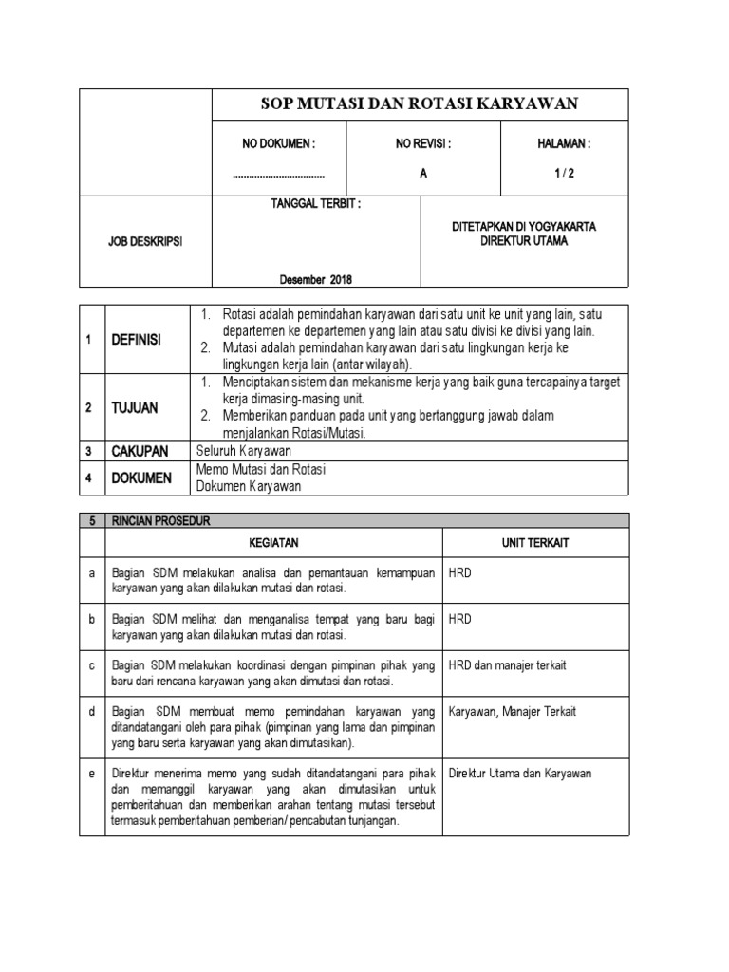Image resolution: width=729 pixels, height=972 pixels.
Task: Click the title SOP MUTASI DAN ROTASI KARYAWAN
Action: pyautogui.click(x=419, y=104)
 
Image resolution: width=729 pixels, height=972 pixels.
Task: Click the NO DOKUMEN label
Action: pyautogui.click(x=278, y=144)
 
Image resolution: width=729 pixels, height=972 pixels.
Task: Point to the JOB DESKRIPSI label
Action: pyautogui.click(x=144, y=242)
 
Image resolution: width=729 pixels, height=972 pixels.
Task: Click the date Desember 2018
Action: pyautogui.click(x=315, y=278)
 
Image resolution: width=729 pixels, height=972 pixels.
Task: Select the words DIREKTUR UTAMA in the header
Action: pyautogui.click(x=523, y=241)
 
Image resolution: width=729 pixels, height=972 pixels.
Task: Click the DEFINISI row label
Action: pyautogui.click(x=138, y=340)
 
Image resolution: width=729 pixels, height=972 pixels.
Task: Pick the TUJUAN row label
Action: pyautogui.click(x=135, y=407)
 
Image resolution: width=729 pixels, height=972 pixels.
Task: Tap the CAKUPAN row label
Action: pyautogui.click(x=140, y=451)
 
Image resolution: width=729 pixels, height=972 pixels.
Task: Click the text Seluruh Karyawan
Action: pyautogui.click(x=244, y=451)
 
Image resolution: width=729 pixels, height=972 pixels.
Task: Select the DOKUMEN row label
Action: pyautogui.click(x=141, y=478)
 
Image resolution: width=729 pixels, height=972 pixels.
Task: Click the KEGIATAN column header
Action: pyautogui.click(x=273, y=542)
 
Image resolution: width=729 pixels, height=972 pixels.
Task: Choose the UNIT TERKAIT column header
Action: pyautogui.click(x=535, y=542)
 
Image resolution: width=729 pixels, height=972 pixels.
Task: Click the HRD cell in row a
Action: pyautogui.click(x=460, y=572)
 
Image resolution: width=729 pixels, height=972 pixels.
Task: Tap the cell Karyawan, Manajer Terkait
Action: pyautogui.click(x=512, y=711)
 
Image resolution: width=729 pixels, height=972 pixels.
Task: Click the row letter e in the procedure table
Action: pyautogui.click(x=92, y=774)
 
